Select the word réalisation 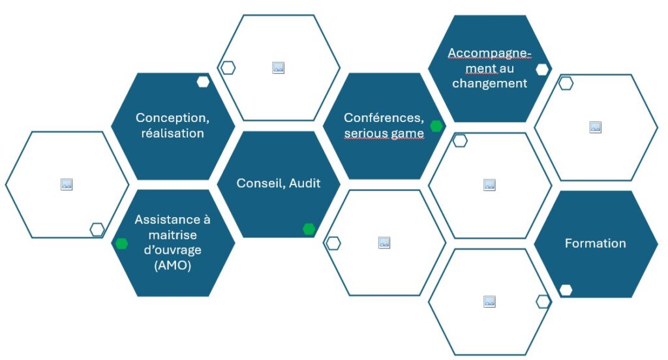(172, 133)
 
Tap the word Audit (305, 183)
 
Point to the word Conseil (261, 184)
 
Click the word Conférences (384, 117)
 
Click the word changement (489, 83)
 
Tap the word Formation (595, 243)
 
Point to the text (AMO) (172, 265)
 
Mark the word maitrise (172, 235)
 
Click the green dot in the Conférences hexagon (436, 126)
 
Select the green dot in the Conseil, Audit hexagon (309, 229)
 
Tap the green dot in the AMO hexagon (122, 243)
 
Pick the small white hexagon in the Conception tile (204, 82)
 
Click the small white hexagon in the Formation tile (566, 290)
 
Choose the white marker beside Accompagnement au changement (542, 69)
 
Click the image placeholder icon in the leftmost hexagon (67, 184)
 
